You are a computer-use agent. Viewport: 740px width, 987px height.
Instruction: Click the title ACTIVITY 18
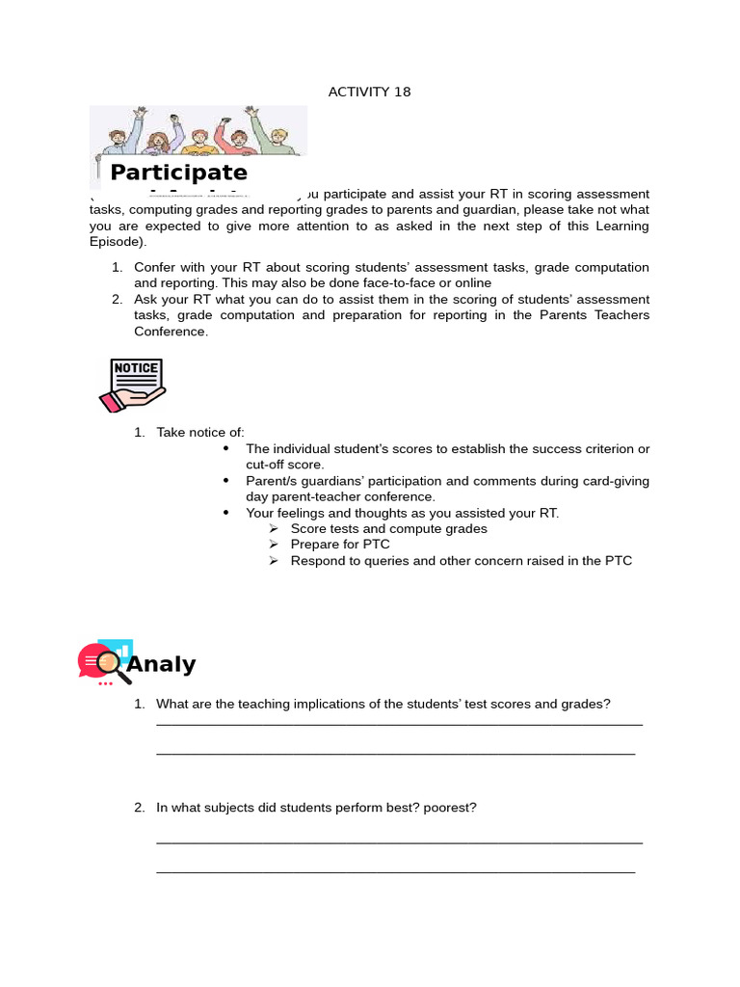click(x=369, y=92)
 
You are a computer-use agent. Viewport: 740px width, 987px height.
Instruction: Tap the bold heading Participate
click(x=178, y=173)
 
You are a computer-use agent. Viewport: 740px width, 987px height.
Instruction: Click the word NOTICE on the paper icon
click(x=136, y=368)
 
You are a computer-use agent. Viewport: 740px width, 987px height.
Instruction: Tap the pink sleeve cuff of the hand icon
click(x=108, y=399)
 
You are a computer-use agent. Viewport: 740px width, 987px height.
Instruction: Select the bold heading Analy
click(x=161, y=664)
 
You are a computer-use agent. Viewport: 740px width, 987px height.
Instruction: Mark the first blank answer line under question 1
click(x=399, y=724)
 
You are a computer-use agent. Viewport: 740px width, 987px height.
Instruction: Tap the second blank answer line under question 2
click(x=395, y=872)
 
